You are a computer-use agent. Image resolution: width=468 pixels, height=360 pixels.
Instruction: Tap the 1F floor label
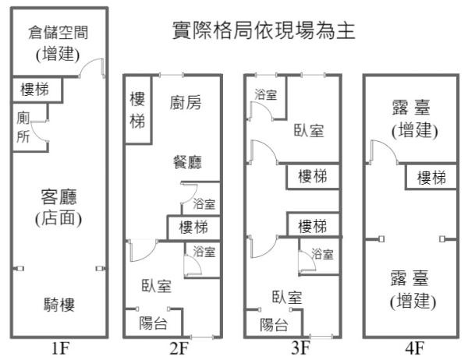[x=60, y=348]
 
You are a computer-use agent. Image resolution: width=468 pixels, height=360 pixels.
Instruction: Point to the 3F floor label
[x=300, y=348]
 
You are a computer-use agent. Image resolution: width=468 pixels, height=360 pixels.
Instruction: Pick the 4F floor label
[x=414, y=348]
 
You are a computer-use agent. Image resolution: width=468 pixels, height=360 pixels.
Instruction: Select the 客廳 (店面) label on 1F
[x=59, y=206]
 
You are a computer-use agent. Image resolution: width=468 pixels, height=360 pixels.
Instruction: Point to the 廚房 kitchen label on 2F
[x=186, y=103]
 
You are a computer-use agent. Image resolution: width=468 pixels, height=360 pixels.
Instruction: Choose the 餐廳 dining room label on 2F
[x=187, y=162]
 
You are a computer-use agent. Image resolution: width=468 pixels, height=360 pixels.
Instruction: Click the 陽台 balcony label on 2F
[x=154, y=323]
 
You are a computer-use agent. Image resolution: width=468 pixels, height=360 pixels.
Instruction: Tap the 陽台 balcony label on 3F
[x=273, y=325]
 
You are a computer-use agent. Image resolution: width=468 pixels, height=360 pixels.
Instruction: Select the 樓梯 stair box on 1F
[x=34, y=90]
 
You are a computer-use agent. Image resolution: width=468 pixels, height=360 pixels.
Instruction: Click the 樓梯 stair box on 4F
[x=431, y=178]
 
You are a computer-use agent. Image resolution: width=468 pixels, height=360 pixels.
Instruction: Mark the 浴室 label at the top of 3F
[x=265, y=95]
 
